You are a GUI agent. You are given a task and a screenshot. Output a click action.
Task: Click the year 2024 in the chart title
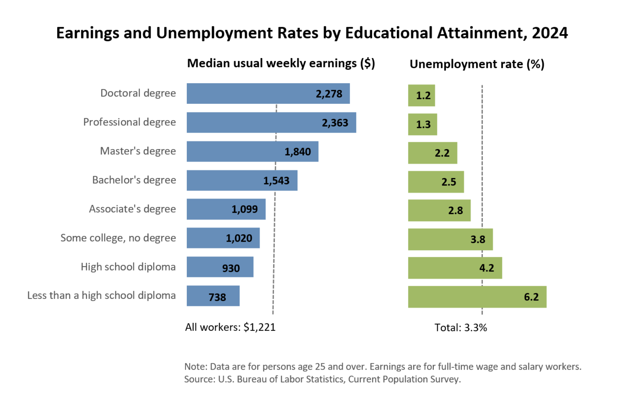coord(550,33)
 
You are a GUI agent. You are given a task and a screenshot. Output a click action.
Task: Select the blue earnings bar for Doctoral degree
coord(252,94)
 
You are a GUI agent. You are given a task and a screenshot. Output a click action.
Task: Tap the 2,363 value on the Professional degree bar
coord(335,123)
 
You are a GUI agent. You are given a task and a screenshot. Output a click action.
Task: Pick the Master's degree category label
coord(138,151)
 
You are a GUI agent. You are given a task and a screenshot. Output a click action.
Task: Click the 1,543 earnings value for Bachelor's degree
coord(276,181)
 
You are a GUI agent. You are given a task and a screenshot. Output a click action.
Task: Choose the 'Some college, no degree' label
coord(118,238)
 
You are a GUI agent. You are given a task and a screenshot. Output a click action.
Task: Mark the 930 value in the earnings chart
coord(231,268)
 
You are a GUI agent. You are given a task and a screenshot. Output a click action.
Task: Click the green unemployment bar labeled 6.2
coord(464,297)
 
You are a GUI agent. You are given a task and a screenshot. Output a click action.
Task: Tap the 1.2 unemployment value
coord(423,96)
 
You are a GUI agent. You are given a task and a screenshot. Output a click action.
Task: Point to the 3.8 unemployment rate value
coord(478,239)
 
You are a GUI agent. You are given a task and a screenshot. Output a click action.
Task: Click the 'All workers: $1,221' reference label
coord(230,328)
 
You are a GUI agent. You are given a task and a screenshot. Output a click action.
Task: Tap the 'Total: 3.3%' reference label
coord(461,328)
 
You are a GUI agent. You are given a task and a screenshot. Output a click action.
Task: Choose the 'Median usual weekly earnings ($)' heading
coord(281,64)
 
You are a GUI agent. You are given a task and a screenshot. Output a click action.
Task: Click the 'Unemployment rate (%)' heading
coord(477,64)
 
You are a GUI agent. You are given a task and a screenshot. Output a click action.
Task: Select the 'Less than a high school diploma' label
coord(101,296)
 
